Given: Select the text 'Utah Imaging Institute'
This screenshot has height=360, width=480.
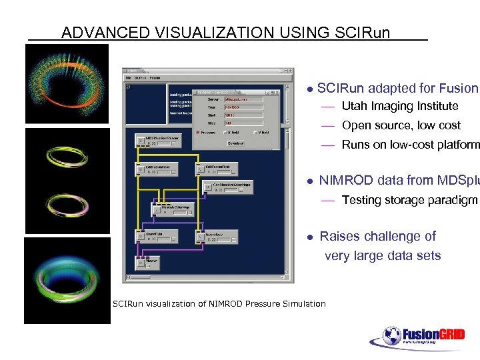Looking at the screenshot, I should click(399, 106).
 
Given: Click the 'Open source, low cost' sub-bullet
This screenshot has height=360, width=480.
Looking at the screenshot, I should click(401, 125).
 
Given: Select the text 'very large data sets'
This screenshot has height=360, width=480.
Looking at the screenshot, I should click(382, 256).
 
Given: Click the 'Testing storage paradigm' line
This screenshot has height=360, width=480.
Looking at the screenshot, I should click(409, 200).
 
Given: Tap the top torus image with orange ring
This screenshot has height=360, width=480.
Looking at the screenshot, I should click(67, 83).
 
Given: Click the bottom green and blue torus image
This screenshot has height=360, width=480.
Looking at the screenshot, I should click(67, 281).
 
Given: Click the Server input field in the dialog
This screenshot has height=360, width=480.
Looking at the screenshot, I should click(243, 97).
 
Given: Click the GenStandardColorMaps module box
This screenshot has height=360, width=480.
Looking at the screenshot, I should click(229, 186).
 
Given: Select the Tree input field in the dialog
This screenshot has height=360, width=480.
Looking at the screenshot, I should click(243, 106).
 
